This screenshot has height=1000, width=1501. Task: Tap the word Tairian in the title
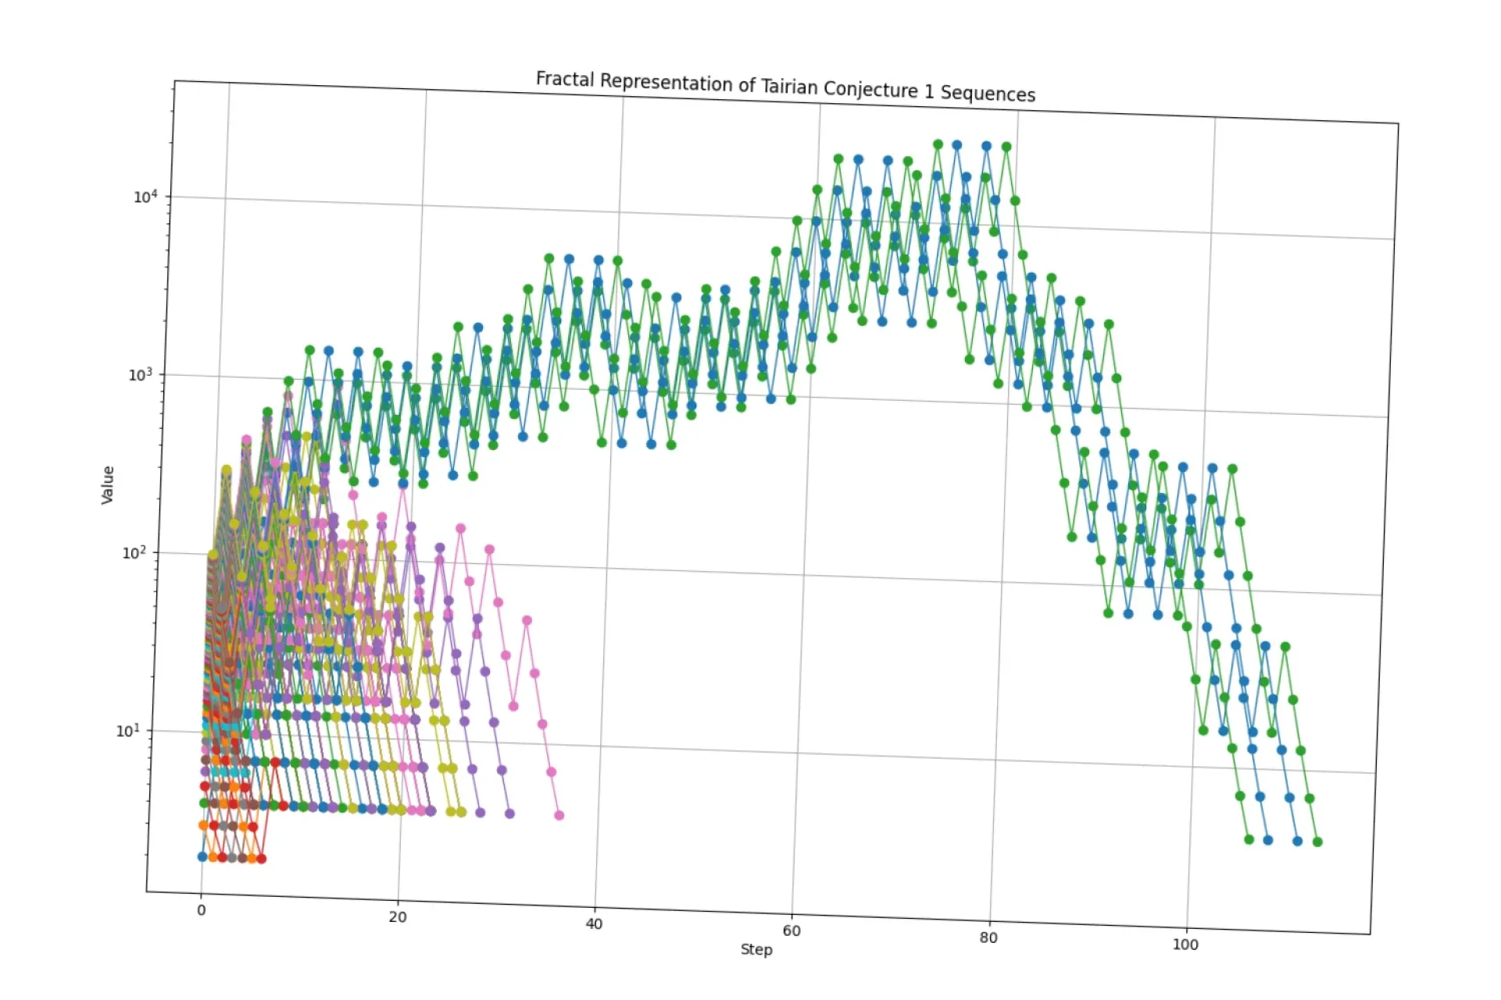pos(789,87)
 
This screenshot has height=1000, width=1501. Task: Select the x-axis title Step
pos(756,949)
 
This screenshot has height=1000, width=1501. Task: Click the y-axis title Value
pos(108,484)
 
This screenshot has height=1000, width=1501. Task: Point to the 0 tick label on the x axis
pos(201,909)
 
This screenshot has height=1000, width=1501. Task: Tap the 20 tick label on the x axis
pos(397,916)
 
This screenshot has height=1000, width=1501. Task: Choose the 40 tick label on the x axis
pos(594,923)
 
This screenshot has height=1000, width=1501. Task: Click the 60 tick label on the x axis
pos(791,930)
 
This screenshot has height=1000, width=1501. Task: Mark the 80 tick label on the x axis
pos(988,937)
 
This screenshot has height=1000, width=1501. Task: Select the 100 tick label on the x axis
pos(1185,944)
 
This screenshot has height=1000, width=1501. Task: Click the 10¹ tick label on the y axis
pos(127,730)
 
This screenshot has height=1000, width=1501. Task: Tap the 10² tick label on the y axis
pos(134,553)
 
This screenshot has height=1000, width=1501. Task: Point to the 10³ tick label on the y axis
pos(140,374)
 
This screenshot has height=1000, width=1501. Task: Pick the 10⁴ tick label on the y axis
pos(145,196)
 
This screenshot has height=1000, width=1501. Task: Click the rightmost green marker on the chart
pos(1317,842)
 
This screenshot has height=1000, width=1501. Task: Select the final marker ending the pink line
pos(559,816)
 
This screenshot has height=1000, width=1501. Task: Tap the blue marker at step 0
pos(202,857)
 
